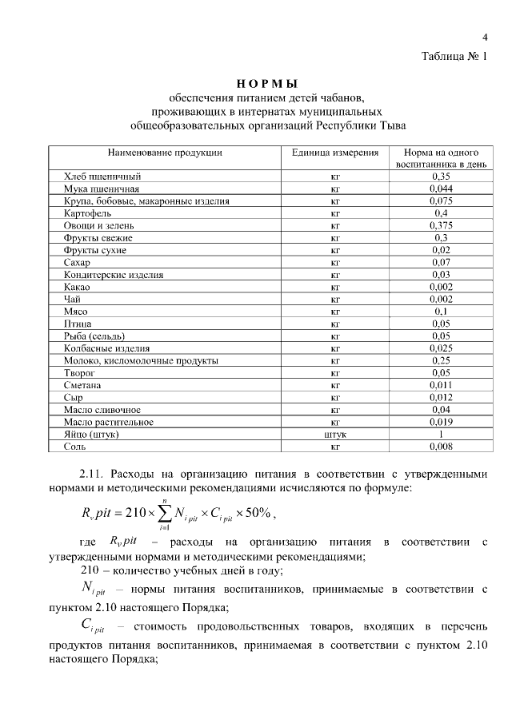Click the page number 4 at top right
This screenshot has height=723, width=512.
[x=485, y=37]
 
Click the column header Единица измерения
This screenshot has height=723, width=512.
[x=334, y=152]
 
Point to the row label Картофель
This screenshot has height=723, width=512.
[x=87, y=213]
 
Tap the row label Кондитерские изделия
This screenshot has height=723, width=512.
[x=114, y=275]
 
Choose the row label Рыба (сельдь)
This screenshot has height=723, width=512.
[x=94, y=336]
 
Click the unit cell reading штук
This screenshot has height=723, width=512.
[x=335, y=435]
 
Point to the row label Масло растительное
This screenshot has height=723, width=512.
[x=108, y=422]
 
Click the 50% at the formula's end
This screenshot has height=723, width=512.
[x=258, y=512]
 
